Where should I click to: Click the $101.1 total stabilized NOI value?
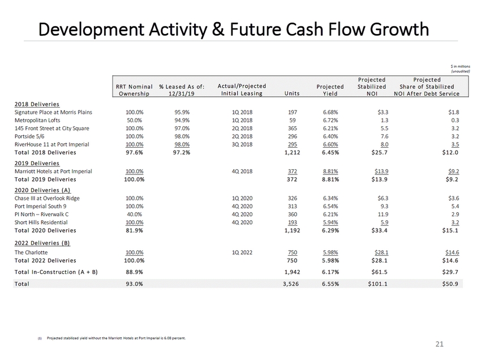click(x=378, y=283)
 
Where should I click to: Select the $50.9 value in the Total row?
click(x=451, y=283)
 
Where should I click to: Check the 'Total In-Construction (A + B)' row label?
click(x=57, y=272)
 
